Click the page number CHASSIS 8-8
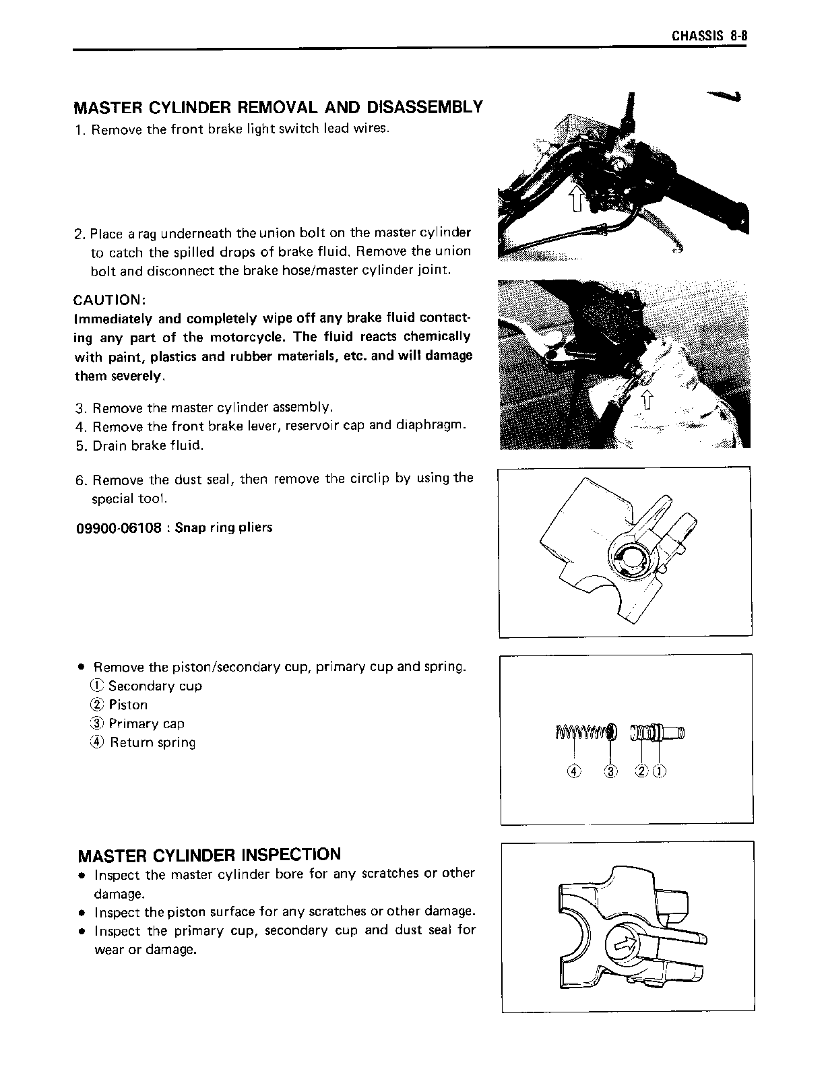pyautogui.click(x=709, y=36)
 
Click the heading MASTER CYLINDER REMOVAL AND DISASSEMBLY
pyautogui.click(x=278, y=107)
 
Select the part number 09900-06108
pyautogui.click(x=118, y=527)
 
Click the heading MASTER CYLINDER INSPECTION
pyautogui.click(x=210, y=855)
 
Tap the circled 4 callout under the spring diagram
pyautogui.click(x=573, y=772)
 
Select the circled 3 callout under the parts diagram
pyautogui.click(x=612, y=772)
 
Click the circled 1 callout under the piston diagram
pyautogui.click(x=660, y=772)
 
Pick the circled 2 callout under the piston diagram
pyautogui.click(x=642, y=772)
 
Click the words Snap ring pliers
pyautogui.click(x=224, y=527)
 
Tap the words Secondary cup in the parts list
pyautogui.click(x=155, y=686)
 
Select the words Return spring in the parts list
pyautogui.click(x=153, y=743)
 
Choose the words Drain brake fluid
pyautogui.click(x=148, y=446)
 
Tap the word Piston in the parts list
pyautogui.click(x=128, y=705)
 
